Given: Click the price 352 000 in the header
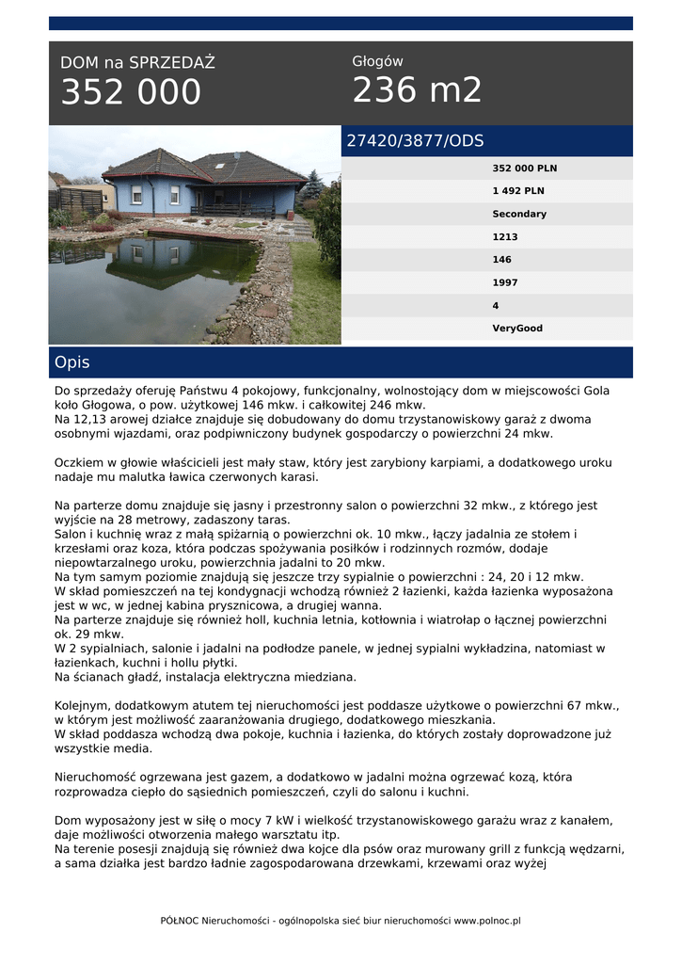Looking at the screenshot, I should coord(131,92).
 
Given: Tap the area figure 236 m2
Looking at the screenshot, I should coord(417,90).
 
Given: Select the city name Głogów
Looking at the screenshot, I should coord(377,61).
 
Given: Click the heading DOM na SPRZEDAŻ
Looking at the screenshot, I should coord(137,63).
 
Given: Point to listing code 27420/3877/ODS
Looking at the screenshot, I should coord(415,141).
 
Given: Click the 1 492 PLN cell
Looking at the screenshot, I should coord(518,191).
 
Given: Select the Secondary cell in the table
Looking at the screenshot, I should coord(519,214).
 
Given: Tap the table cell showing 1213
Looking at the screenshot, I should coord(505,237).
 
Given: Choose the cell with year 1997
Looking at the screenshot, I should coord(505,282).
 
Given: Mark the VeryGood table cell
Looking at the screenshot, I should coord(517,329).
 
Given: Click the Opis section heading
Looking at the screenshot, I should coord(72,362).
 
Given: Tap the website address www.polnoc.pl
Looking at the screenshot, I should coord(487,921).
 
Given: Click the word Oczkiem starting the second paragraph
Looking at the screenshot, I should coord(81,463).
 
